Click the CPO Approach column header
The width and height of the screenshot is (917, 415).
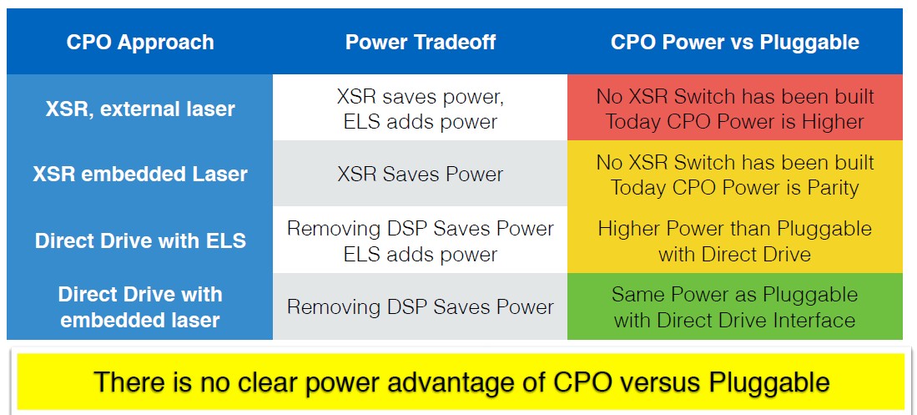point(140,42)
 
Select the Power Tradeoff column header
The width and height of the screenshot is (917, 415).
point(421,42)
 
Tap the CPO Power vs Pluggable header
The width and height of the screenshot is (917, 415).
point(734,42)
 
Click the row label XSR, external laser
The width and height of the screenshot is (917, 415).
point(140,109)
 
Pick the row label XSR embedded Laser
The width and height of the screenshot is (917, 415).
point(140,175)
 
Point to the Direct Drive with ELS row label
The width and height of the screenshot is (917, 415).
point(140,240)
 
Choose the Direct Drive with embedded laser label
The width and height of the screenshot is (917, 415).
point(140,306)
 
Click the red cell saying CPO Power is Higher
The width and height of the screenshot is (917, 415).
point(734,109)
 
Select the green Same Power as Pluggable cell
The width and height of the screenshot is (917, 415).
point(734,306)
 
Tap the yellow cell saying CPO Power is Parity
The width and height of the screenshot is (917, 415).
point(734,175)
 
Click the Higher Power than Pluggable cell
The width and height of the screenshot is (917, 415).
point(734,240)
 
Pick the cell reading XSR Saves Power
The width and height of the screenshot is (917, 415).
point(421,175)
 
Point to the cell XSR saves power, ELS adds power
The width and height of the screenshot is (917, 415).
point(421,109)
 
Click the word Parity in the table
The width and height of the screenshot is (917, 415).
point(829,189)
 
